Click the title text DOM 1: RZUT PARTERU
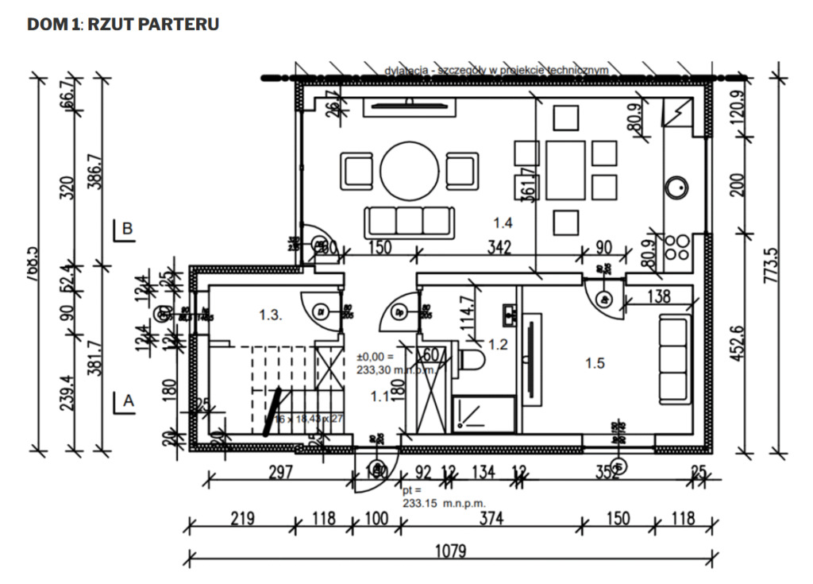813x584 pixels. [x=123, y=25]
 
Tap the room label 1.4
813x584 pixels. [x=503, y=224]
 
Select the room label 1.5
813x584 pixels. [x=595, y=363]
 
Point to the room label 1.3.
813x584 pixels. [x=270, y=315]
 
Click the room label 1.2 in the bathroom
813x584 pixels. [x=498, y=345]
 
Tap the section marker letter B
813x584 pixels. [x=128, y=228]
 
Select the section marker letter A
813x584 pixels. [x=128, y=402]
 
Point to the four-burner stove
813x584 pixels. [x=677, y=249]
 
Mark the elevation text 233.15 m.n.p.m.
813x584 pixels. [x=443, y=503]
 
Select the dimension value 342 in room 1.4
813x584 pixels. [x=499, y=247]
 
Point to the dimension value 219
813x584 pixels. [x=241, y=519]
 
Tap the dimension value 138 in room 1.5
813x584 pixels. [x=658, y=296]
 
